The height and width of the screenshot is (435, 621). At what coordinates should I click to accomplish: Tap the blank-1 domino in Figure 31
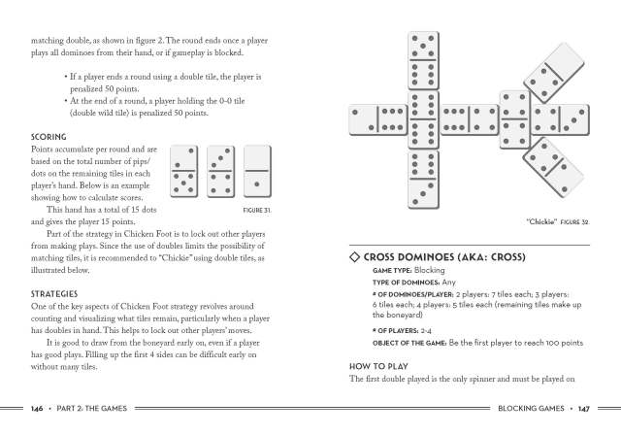(x=257, y=169)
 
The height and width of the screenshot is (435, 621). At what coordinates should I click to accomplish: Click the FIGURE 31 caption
(x=255, y=209)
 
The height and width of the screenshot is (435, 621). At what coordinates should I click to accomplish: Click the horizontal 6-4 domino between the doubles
(x=469, y=119)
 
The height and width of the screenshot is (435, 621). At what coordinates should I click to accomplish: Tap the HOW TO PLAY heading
(x=381, y=366)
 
